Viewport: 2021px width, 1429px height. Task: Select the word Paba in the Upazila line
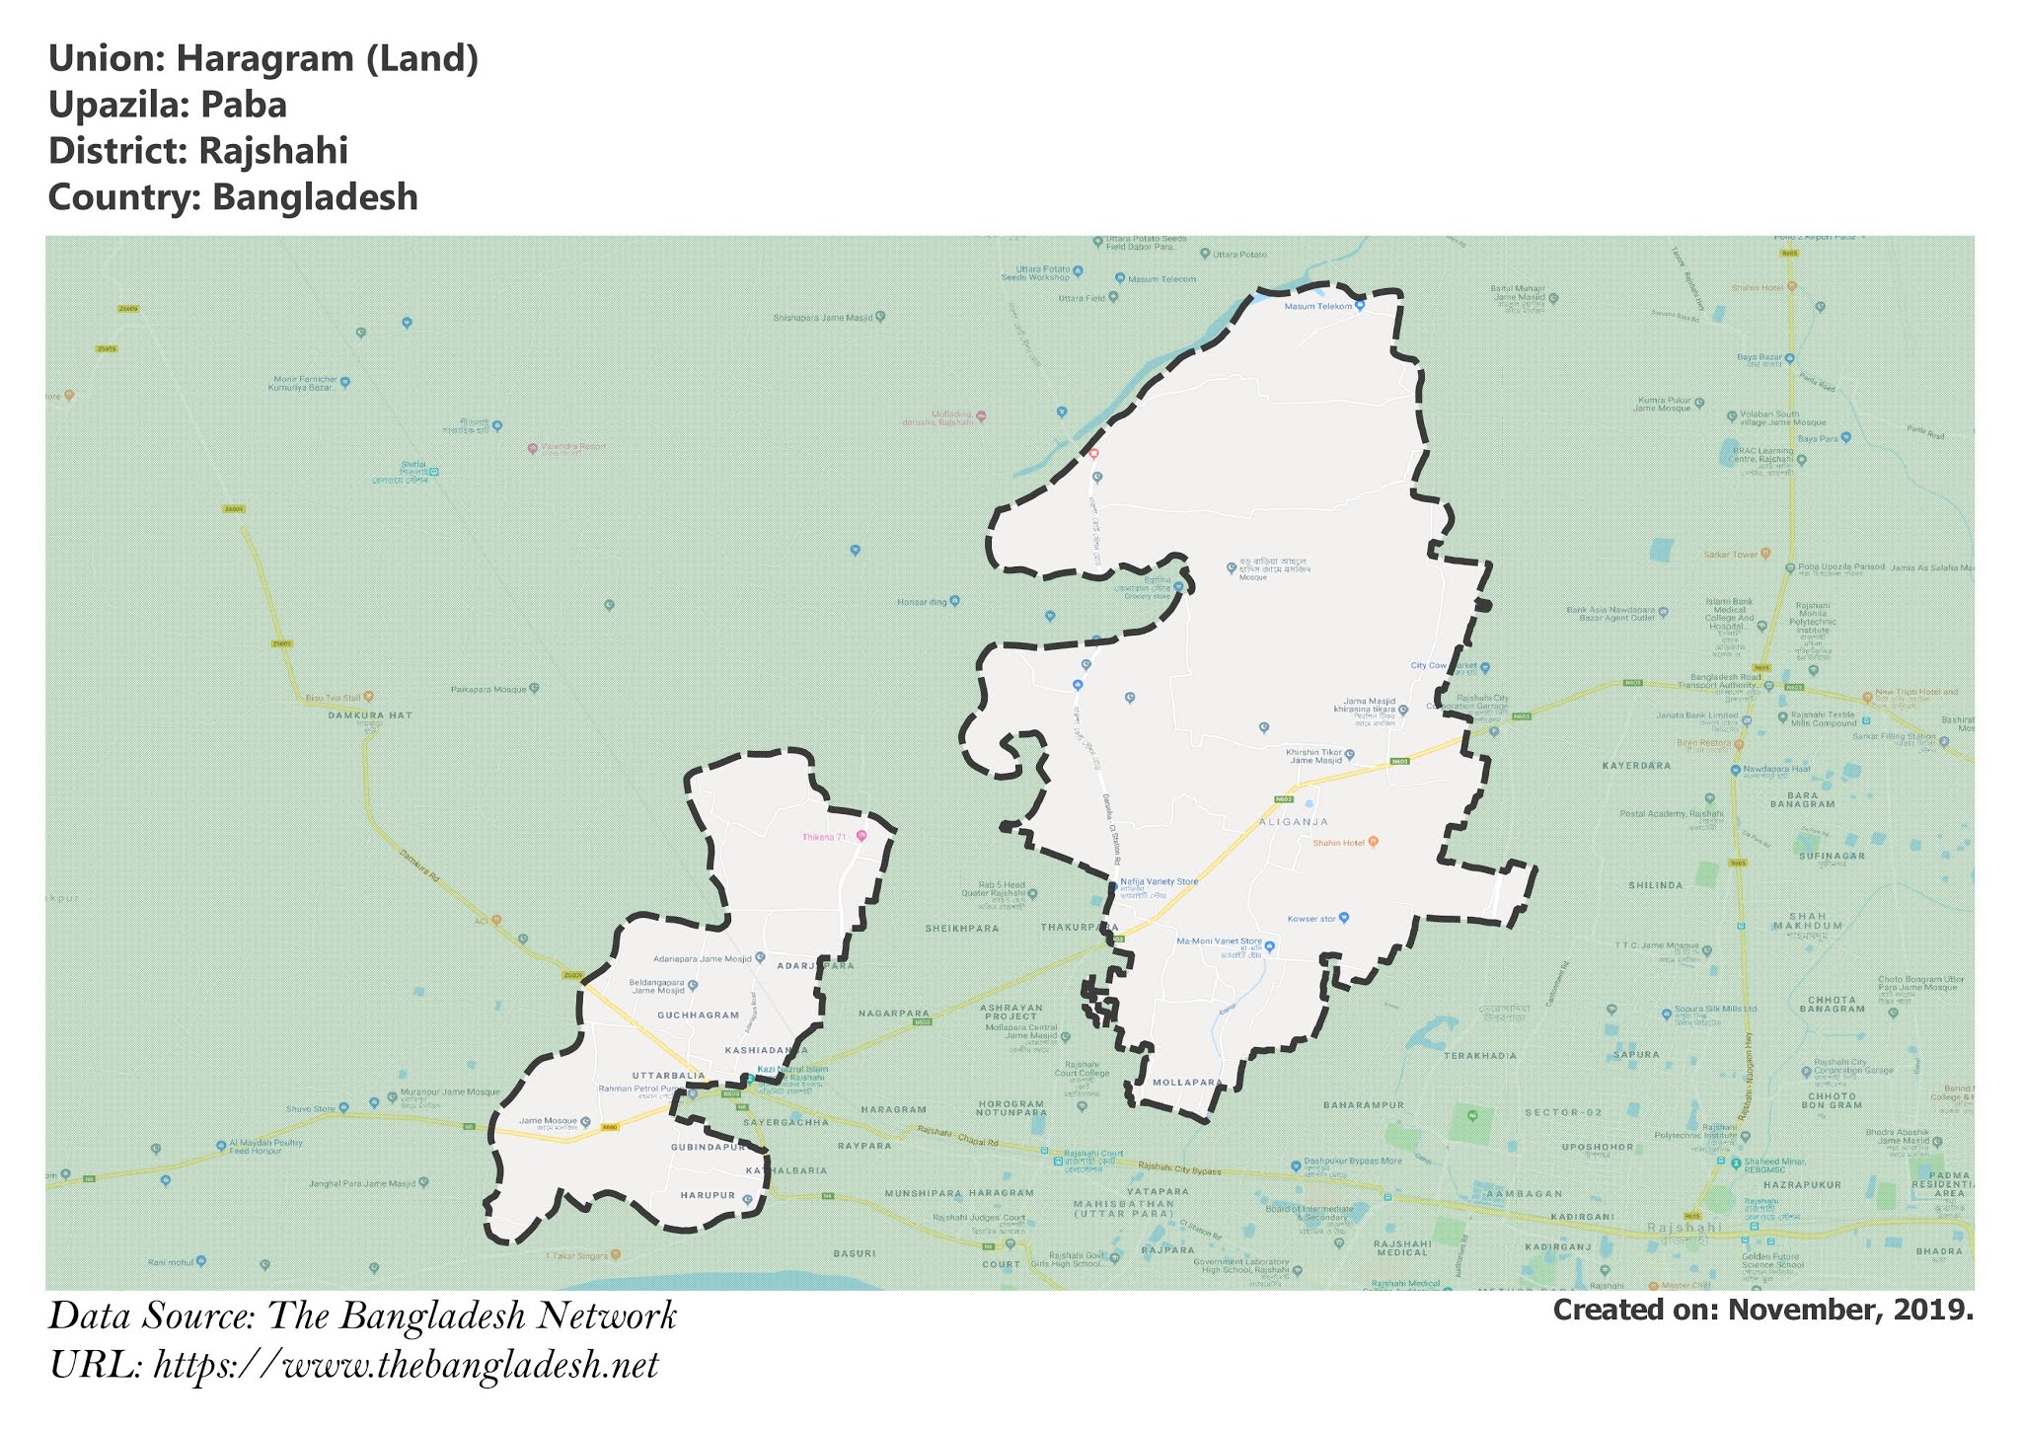243,106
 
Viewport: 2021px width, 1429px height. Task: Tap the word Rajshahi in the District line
272,151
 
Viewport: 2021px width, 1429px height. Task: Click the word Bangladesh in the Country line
315,197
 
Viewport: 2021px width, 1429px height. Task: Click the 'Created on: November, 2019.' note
1762,1311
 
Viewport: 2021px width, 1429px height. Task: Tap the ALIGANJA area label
1293,821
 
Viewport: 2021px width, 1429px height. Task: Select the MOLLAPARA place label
1188,1083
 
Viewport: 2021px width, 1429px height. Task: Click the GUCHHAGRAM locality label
698,1015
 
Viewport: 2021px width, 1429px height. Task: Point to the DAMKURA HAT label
370,714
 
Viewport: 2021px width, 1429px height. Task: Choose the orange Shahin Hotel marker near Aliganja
1373,842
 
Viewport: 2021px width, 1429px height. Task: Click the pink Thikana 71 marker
861,836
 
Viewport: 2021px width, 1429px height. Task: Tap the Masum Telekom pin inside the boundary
1359,306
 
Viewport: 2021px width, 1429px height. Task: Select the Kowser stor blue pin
1343,918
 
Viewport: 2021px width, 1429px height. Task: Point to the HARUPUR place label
708,1195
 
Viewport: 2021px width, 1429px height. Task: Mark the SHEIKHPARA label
961,929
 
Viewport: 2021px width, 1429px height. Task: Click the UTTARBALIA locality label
668,1075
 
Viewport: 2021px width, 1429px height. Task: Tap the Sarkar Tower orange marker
1764,554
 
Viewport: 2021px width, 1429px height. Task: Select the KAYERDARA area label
1636,766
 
